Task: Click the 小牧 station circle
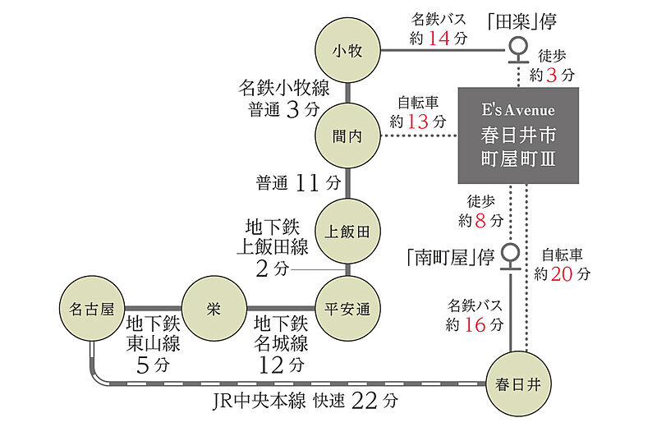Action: pyautogui.click(x=348, y=51)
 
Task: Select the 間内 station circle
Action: pyautogui.click(x=349, y=137)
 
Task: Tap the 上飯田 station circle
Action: pyautogui.click(x=349, y=231)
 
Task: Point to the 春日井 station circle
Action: pyautogui.click(x=518, y=383)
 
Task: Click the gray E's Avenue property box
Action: pyautogui.click(x=518, y=135)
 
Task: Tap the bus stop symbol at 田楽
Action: pyautogui.click(x=518, y=50)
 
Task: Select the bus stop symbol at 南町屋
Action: pyautogui.click(x=511, y=255)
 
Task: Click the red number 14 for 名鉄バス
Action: pyautogui.click(x=440, y=38)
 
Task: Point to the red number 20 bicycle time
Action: pyautogui.click(x=563, y=274)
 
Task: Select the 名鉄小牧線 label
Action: pyautogui.click(x=283, y=88)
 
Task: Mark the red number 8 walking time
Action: pyautogui.click(x=492, y=220)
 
